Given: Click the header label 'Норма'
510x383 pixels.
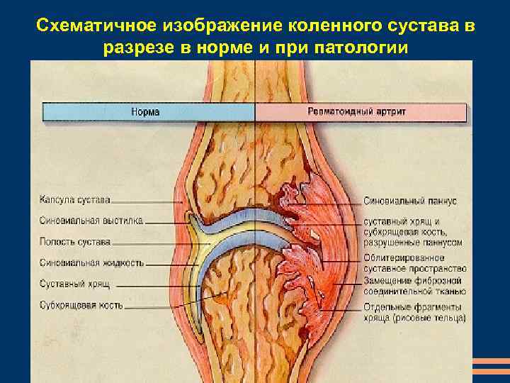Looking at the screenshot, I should [146, 112].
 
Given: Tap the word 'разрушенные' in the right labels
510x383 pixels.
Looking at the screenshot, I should [392, 242].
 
